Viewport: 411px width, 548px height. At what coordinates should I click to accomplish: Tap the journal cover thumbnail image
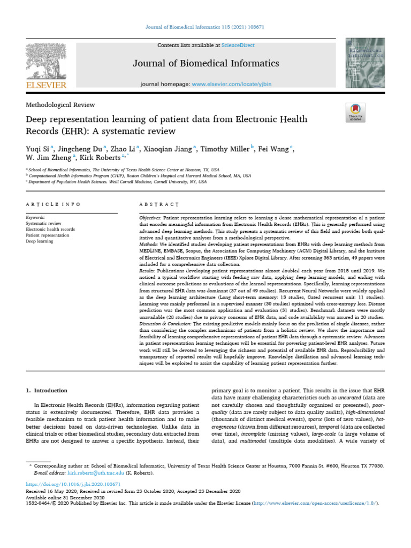[365, 64]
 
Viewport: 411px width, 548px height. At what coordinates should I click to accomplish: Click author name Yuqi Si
[36, 149]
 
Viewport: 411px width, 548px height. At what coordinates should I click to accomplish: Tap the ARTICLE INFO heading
[53, 204]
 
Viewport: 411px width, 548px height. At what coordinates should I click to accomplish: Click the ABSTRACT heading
[158, 204]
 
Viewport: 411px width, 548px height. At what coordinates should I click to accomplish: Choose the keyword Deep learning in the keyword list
[40, 241]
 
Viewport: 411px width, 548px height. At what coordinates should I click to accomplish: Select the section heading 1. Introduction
[47, 391]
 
